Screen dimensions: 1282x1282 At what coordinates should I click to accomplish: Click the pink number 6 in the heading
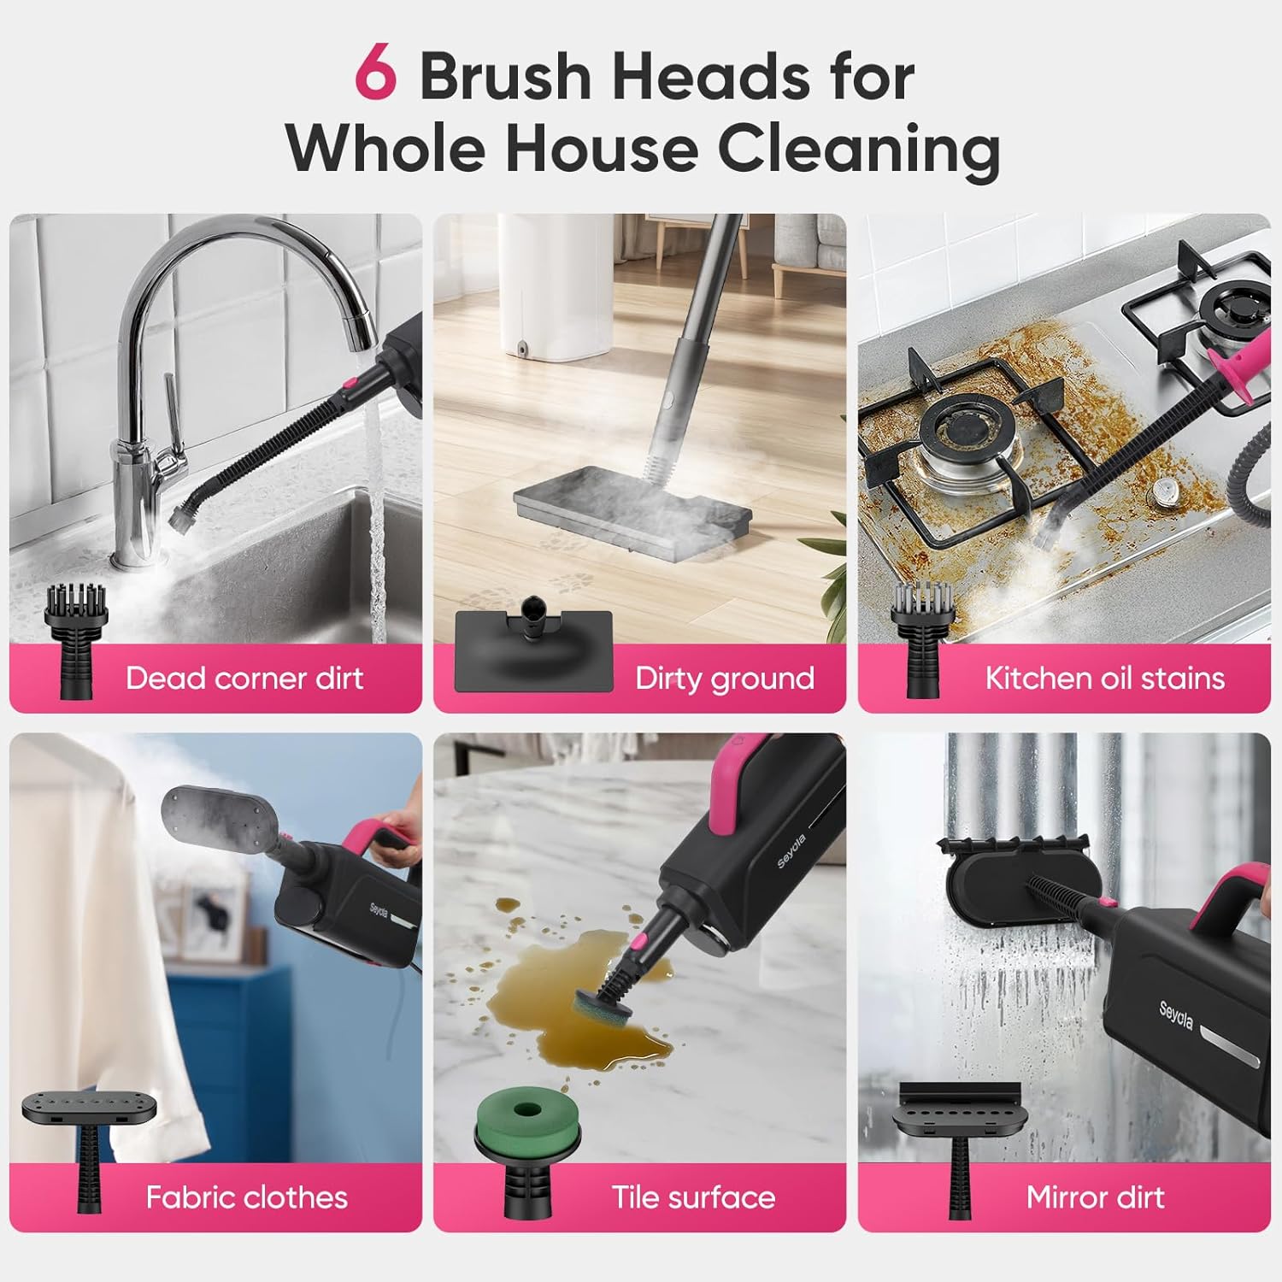(x=376, y=75)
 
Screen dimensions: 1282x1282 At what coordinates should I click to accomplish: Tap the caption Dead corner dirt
(x=244, y=679)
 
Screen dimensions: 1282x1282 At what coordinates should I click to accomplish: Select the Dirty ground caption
(x=725, y=679)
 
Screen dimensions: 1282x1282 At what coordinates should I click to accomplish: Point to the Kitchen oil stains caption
(x=1104, y=679)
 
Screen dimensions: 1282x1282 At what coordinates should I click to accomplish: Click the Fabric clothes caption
(x=246, y=1197)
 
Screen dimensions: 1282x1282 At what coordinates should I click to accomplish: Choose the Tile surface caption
(x=693, y=1197)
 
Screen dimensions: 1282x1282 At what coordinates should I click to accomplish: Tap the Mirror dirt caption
(x=1095, y=1197)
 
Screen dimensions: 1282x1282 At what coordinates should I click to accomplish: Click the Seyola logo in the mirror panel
(x=1176, y=1014)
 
